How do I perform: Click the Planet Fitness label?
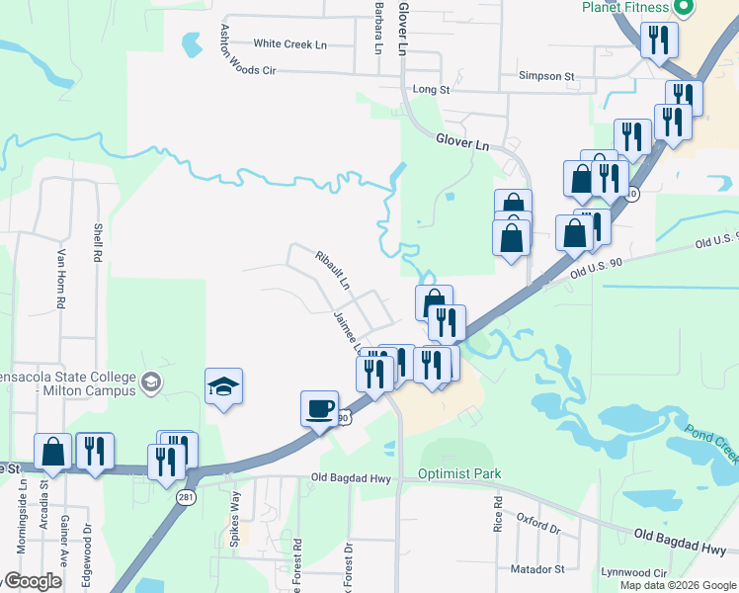[x=625, y=8]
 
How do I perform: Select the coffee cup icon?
[x=319, y=408]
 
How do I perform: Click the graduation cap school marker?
[x=224, y=386]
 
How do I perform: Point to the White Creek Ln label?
[x=289, y=44]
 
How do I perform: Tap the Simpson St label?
[x=546, y=76]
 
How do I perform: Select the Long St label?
[x=431, y=90]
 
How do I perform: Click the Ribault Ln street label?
[x=333, y=269]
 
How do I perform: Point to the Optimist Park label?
[x=460, y=474]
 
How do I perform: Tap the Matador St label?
[x=537, y=569]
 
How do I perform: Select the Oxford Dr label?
[x=538, y=523]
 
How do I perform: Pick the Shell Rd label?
[x=98, y=240]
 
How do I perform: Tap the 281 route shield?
[x=186, y=497]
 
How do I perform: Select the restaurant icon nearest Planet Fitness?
[x=658, y=41]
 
